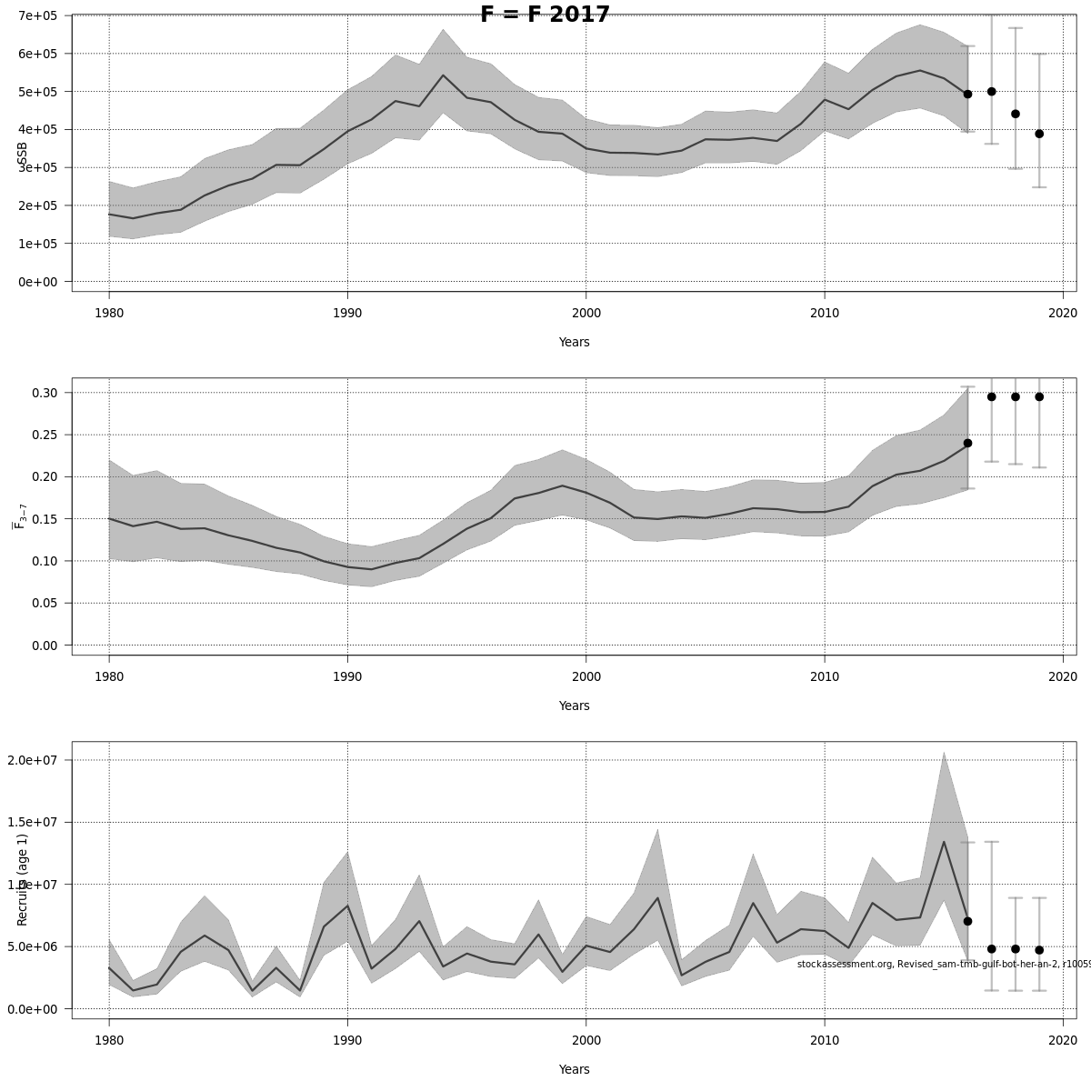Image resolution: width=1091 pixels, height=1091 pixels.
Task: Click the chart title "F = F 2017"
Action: [x=545, y=15]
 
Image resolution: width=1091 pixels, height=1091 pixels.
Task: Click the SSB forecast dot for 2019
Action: [x=1039, y=134]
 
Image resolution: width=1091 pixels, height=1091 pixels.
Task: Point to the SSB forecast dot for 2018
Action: [x=1016, y=114]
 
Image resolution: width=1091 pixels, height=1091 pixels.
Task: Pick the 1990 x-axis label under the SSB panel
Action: [x=347, y=314]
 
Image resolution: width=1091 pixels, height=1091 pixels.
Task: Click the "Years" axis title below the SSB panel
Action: [x=574, y=343]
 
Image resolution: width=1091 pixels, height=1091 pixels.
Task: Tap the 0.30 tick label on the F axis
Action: [x=44, y=393]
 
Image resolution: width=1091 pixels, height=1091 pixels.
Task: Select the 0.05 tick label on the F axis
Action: [x=44, y=603]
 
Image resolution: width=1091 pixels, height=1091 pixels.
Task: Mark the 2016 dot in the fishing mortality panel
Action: [x=967, y=443]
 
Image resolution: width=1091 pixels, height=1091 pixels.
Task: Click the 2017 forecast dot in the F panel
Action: [x=992, y=396]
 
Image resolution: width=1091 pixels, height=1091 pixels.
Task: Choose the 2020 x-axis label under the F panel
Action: [x=1063, y=677]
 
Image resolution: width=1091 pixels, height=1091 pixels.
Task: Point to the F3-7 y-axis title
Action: [x=19, y=516]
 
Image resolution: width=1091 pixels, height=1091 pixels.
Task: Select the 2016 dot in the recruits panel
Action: [x=967, y=921]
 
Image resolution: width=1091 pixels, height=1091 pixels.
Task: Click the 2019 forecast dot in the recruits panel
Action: [x=1039, y=950]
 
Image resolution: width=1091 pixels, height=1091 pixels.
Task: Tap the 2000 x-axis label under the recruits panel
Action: [x=586, y=1041]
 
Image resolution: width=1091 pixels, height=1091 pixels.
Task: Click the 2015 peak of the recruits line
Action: [x=944, y=842]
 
